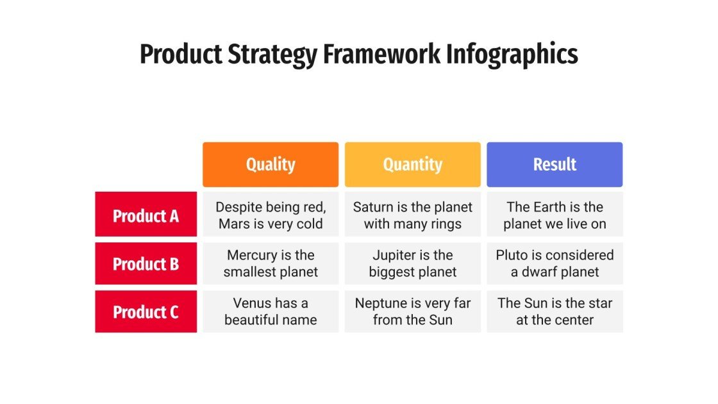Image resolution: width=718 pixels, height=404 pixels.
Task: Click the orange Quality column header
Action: click(271, 165)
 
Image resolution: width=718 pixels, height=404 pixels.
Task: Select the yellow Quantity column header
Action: click(412, 165)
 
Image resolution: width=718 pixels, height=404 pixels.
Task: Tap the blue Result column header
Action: click(555, 165)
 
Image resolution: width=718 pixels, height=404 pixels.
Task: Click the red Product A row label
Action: click(146, 216)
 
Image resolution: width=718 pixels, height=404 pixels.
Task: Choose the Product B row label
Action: click(146, 264)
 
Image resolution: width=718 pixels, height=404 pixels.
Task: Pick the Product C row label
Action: click(146, 312)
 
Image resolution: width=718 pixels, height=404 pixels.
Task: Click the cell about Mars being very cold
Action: click(271, 215)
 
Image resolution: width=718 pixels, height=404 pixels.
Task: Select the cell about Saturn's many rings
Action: click(412, 215)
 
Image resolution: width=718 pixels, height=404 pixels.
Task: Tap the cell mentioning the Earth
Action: click(555, 215)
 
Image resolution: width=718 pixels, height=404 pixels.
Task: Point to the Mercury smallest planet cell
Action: click(271, 264)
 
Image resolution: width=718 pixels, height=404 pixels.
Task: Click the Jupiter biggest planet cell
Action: click(412, 264)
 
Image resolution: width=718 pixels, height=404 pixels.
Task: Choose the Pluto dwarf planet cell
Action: click(555, 264)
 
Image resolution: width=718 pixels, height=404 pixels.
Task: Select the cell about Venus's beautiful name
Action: click(271, 311)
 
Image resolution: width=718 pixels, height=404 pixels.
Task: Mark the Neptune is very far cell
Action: click(412, 311)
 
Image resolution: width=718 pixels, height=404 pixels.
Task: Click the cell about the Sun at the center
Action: click(555, 311)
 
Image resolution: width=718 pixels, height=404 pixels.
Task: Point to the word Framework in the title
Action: click(382, 54)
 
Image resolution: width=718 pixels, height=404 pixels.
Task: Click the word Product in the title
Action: click(180, 54)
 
